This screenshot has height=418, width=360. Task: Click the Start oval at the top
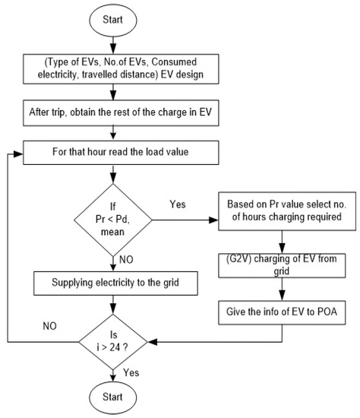[112, 18]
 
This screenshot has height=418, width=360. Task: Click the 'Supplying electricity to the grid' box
[112, 283]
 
